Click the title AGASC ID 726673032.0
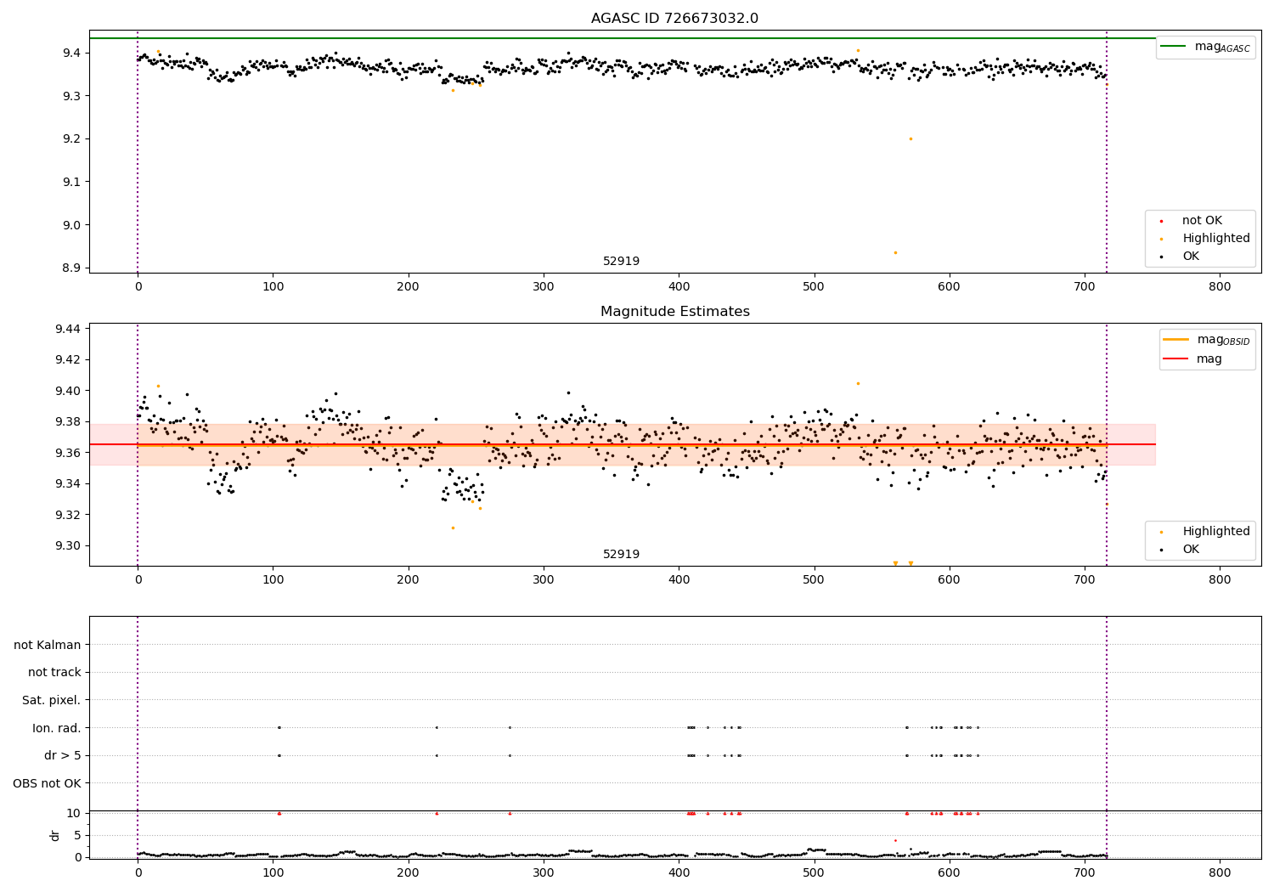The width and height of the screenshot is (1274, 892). coord(674,19)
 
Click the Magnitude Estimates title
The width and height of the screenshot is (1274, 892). coord(674,312)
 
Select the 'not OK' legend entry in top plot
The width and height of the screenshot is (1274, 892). coord(1201,221)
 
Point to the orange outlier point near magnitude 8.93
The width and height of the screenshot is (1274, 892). coord(895,252)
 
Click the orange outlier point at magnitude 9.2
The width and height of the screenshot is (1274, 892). coord(910,138)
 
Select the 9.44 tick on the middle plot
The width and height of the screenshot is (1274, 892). coord(68,329)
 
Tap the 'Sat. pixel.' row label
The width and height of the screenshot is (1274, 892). coord(51,700)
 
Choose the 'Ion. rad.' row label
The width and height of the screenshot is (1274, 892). coord(56,728)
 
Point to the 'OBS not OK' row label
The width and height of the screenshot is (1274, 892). coord(47,783)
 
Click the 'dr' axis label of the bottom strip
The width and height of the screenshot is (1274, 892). coord(55,835)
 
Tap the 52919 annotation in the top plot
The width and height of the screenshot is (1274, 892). coord(621,262)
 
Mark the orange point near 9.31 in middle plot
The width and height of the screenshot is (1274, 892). coord(453,528)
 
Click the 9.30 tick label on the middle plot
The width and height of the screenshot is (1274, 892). coord(68,546)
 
